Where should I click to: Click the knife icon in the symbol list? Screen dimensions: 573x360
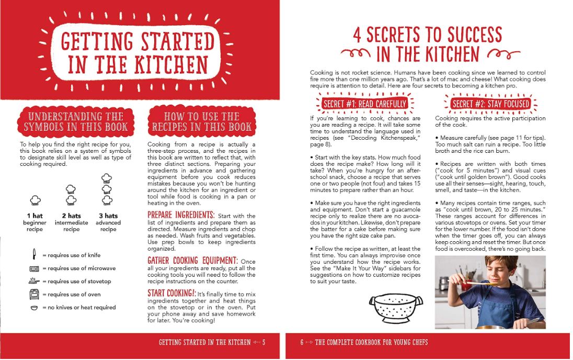(34, 254)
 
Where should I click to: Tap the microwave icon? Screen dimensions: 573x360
(34, 268)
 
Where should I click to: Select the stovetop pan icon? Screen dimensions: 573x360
(34, 281)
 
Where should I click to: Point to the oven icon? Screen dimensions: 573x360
(35, 294)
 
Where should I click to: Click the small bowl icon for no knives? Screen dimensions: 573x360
(34, 308)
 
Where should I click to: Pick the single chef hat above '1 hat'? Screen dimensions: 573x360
(35, 200)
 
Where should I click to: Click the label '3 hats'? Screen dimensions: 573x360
(108, 216)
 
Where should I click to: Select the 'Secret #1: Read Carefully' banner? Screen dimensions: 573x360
(365, 104)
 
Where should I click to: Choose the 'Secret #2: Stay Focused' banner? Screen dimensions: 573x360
(491, 104)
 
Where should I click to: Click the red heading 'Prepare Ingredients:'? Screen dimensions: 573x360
(181, 215)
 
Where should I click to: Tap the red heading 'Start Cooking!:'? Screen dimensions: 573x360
(172, 293)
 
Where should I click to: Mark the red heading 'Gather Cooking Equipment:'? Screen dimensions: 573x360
(192, 261)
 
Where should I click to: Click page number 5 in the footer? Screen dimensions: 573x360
(264, 342)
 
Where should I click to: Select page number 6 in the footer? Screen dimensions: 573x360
(302, 342)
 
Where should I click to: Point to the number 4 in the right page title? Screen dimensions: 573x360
(357, 35)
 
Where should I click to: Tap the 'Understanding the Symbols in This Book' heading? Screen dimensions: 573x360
(76, 122)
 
